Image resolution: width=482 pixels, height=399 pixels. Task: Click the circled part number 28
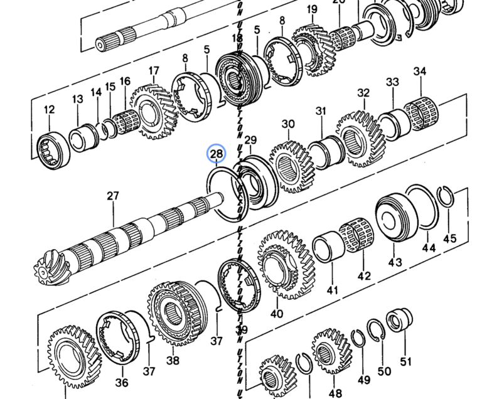point(217,154)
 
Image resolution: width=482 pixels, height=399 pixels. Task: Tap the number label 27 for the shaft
point(112,196)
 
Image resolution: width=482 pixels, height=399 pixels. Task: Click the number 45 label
point(449,238)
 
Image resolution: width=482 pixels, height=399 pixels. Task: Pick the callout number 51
point(406,361)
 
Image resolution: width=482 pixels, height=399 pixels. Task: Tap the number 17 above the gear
point(154,70)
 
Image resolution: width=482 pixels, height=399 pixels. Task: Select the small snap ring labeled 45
point(446,198)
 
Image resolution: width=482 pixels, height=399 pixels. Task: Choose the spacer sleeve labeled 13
point(81,137)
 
